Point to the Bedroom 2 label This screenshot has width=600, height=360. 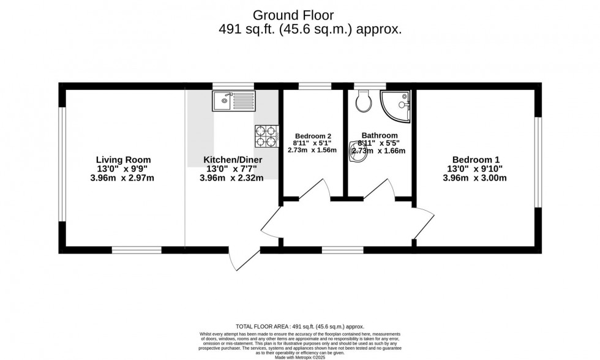313,136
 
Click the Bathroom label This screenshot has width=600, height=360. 380,135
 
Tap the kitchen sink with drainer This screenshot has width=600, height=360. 233,100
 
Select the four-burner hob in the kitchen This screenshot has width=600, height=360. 266,136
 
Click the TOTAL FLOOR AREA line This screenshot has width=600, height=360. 299,327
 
